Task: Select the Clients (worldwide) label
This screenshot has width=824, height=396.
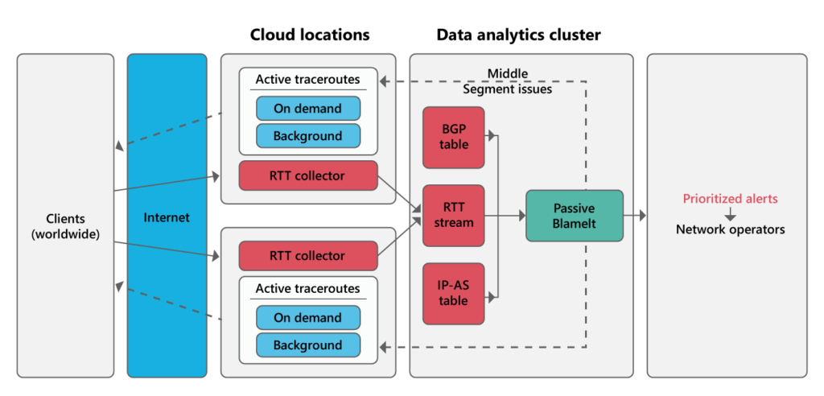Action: (x=65, y=226)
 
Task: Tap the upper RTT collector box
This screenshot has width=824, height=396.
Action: (x=308, y=175)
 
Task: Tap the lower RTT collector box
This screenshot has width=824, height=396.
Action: (x=308, y=256)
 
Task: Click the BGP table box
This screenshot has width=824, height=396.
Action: (x=453, y=137)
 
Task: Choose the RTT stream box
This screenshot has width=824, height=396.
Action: (x=453, y=215)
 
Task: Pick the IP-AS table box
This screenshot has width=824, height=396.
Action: (x=453, y=293)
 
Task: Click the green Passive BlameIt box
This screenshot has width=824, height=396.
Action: (x=574, y=216)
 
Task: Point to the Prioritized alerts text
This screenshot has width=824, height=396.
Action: (x=730, y=199)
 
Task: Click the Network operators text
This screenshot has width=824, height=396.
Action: (x=730, y=229)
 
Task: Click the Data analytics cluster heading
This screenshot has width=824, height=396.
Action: (x=518, y=35)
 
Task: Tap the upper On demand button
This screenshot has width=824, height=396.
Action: (x=307, y=109)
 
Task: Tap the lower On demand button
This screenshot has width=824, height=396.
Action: (x=307, y=318)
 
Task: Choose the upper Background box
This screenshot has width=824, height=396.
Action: (x=307, y=136)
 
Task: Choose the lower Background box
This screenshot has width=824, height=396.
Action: (x=307, y=345)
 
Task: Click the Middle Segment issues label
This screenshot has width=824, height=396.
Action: (x=507, y=81)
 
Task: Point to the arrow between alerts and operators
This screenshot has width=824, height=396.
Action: (x=730, y=214)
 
